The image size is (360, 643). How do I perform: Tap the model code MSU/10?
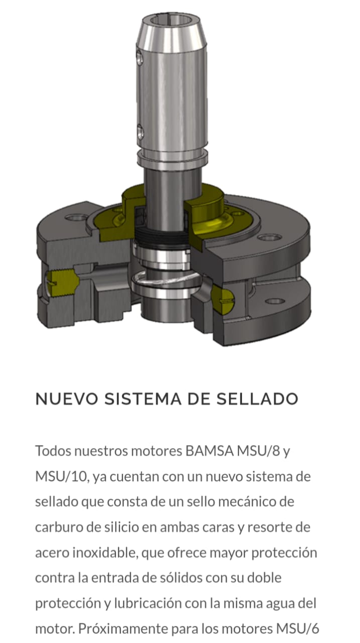click(x=61, y=476)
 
